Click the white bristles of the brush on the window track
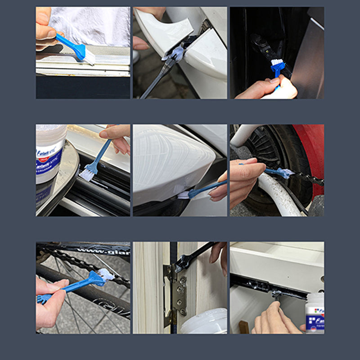(x=90, y=57)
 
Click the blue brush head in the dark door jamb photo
(x=277, y=68)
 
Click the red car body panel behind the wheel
(x=315, y=153)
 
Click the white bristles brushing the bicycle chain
(x=105, y=274)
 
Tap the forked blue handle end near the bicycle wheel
(x=44, y=298)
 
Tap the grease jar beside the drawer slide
(x=315, y=312)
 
